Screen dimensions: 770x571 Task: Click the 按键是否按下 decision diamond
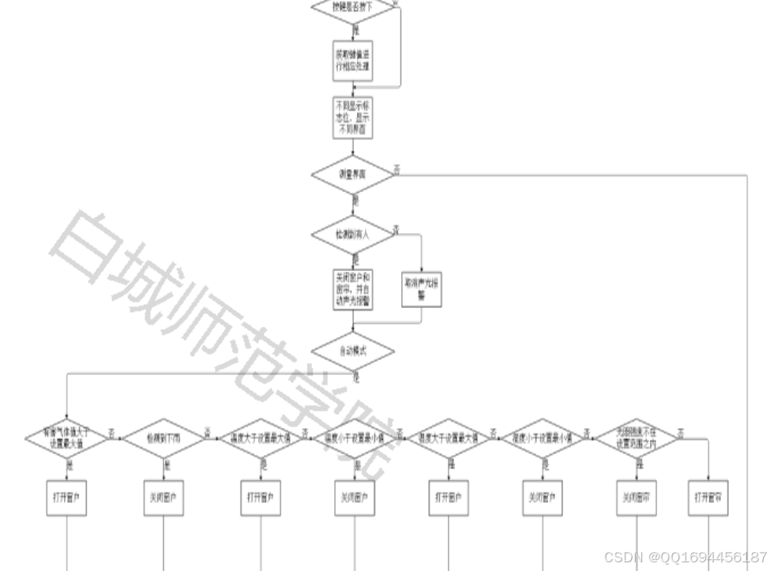point(352,8)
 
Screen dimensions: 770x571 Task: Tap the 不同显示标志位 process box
point(352,118)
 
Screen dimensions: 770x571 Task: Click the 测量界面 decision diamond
point(352,174)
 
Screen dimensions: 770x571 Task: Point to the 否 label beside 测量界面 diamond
point(397,168)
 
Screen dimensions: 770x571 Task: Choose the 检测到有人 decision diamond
point(352,235)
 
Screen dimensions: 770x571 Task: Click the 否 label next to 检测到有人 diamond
point(396,228)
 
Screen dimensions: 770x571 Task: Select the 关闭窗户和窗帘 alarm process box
point(352,290)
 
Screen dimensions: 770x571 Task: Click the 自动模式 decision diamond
point(352,351)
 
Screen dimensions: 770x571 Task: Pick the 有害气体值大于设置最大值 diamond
point(66,438)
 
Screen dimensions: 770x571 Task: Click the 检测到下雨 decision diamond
point(163,438)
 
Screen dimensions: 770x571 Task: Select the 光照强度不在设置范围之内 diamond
point(637,438)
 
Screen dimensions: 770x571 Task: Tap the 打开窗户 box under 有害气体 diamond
point(66,498)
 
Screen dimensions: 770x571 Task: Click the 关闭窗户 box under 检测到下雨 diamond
point(163,498)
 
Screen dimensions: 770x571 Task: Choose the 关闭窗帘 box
point(637,498)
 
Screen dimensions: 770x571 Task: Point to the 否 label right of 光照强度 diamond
point(681,431)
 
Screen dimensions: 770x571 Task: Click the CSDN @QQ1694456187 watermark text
point(685,557)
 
